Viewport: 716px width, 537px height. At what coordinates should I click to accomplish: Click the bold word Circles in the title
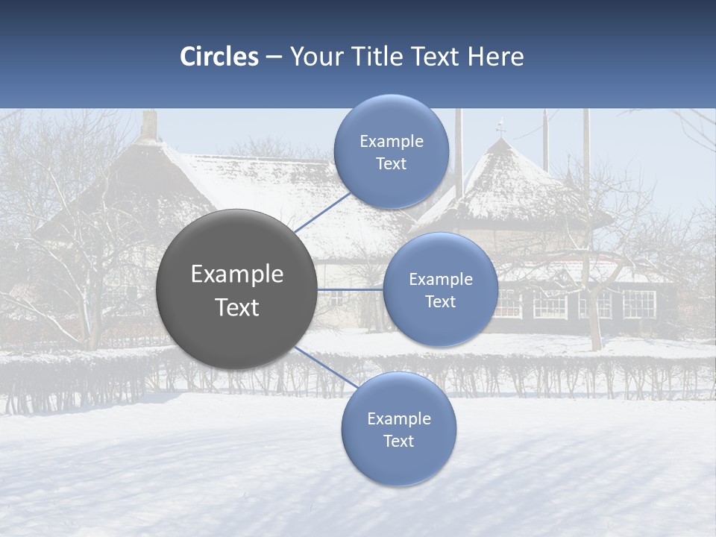(219, 57)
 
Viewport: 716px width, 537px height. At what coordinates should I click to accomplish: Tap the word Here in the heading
(495, 57)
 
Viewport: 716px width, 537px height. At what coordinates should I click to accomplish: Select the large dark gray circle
(236, 289)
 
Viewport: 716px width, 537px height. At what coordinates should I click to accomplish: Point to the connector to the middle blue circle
(350, 289)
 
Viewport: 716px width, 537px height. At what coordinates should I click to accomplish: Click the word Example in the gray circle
(237, 274)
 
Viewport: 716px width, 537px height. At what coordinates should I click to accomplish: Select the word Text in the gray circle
(237, 307)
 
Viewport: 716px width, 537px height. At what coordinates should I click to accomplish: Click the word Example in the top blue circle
(392, 141)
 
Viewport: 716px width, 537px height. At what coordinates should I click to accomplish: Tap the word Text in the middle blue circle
(440, 302)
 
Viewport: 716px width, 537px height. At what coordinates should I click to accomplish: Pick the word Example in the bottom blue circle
(399, 418)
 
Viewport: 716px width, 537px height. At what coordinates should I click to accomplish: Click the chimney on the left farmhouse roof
(150, 125)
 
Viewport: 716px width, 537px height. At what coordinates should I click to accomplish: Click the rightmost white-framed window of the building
(638, 304)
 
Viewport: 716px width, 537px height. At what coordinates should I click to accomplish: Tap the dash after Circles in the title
(274, 57)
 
